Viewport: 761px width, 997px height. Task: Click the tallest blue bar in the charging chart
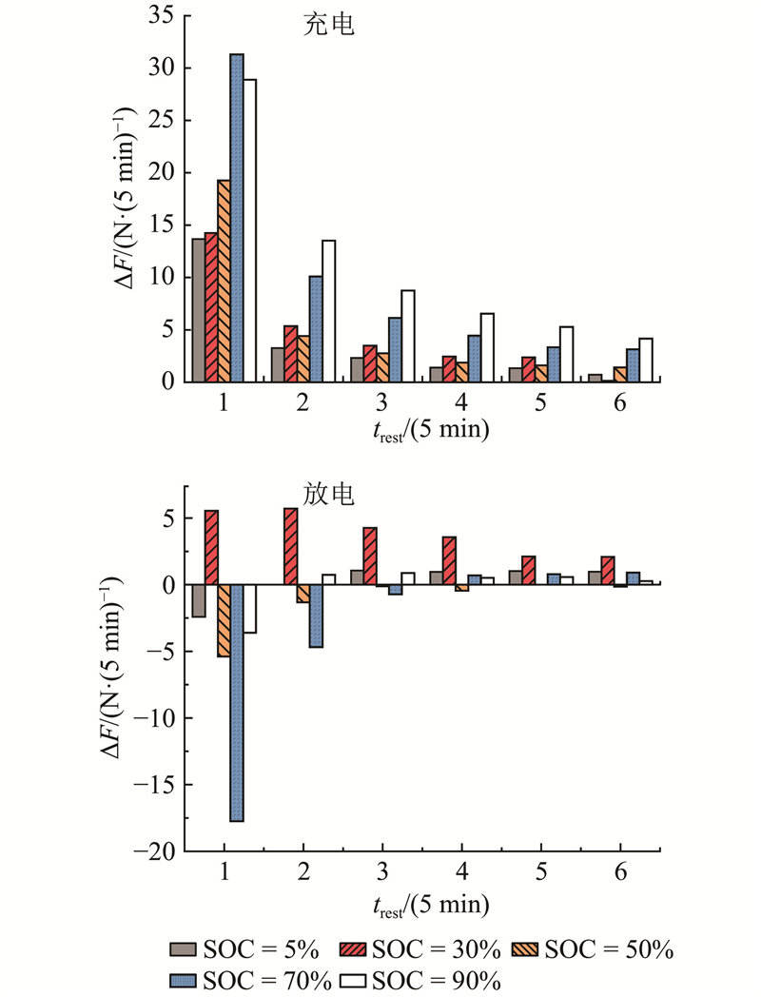coord(237,218)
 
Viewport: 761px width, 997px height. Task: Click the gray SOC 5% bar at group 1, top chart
coord(198,310)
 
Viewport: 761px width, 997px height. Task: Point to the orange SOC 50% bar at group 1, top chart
coord(224,281)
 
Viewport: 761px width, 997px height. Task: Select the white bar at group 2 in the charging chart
coord(329,311)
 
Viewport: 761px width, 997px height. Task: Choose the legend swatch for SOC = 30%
coord(354,948)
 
